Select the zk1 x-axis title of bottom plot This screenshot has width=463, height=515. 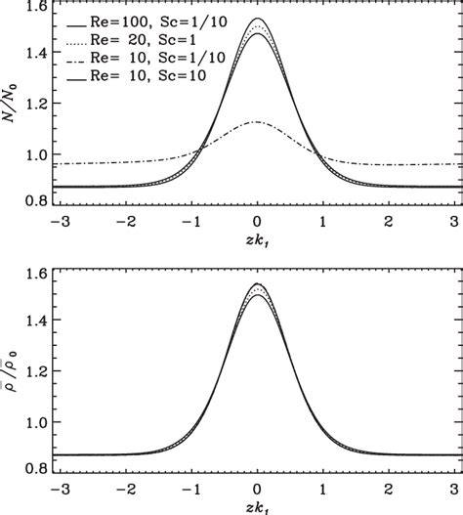[x=257, y=507]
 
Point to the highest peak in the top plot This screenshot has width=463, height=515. [x=257, y=19]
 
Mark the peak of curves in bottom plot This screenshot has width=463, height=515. [x=257, y=283]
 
